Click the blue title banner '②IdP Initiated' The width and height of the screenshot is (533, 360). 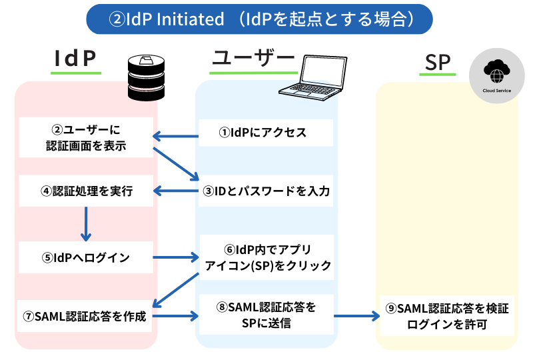pos(259,19)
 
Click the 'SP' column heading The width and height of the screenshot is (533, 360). pos(438,62)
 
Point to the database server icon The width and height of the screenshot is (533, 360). pos(147,78)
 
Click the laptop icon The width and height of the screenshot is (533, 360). pos(322,73)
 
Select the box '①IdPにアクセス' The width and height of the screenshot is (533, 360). pos(266,133)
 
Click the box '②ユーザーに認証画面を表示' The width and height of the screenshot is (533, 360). pos(86,137)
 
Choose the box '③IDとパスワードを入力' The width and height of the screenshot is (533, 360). pos(266,191)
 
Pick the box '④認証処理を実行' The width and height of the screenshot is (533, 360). pos(86,191)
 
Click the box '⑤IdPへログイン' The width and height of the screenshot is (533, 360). pos(86,257)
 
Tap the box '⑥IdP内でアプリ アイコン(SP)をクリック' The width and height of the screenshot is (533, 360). pos(266,257)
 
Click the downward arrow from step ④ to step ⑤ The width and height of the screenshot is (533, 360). pos(85,223)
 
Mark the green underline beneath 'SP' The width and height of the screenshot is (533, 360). pos(437,75)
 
